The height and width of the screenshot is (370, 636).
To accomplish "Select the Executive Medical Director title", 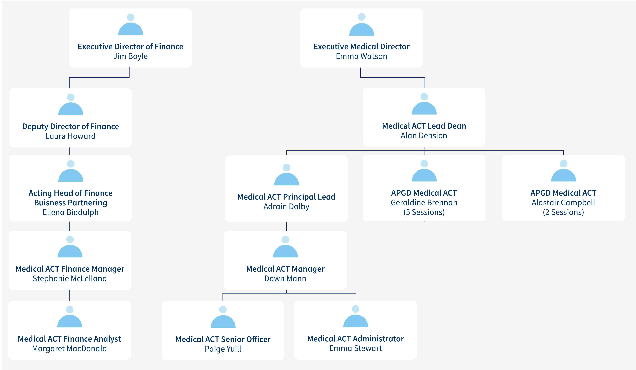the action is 361,46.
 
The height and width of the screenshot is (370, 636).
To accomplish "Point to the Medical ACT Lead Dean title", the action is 424,126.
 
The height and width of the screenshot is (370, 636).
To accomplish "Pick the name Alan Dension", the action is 424,136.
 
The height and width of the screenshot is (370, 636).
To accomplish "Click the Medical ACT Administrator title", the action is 356,339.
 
